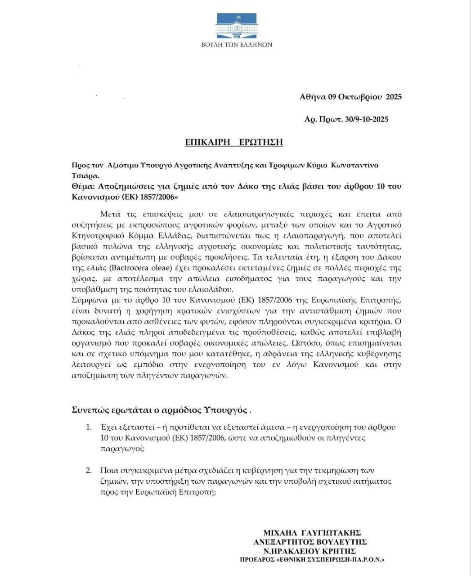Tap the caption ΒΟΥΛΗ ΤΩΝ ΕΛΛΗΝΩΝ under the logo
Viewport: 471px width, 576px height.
point(237,45)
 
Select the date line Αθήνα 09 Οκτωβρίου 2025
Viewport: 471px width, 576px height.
point(350,97)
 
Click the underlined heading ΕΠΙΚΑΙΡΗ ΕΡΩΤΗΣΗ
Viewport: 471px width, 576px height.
point(234,142)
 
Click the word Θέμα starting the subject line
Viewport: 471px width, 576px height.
point(82,186)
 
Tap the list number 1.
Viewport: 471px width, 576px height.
point(89,427)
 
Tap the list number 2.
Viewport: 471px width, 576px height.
point(89,470)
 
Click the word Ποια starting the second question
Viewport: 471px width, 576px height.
point(109,470)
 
